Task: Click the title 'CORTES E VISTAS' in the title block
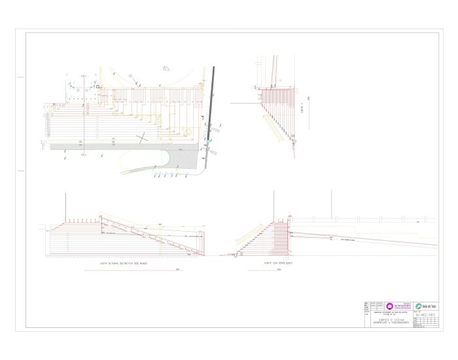click(393, 319)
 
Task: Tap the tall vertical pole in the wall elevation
click(65, 208)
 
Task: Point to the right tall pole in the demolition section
click(331, 204)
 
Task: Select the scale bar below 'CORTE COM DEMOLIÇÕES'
click(275, 269)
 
